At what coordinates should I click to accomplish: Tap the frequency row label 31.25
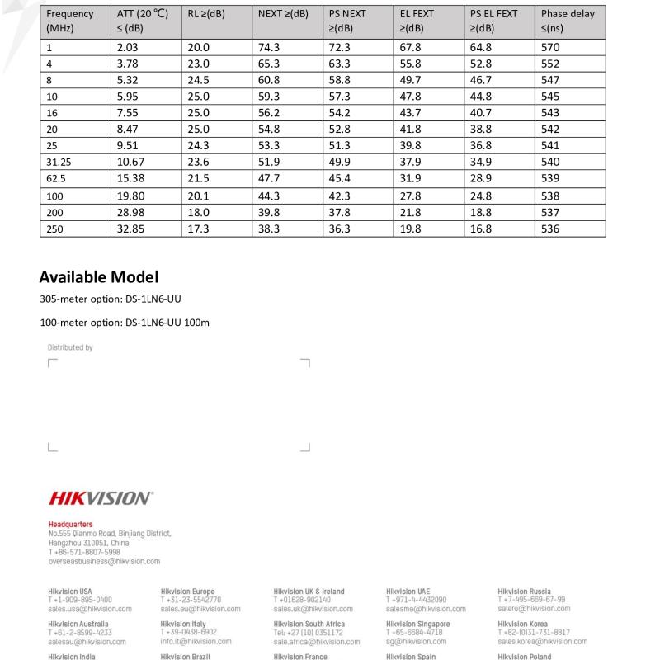pyautogui.click(x=60, y=163)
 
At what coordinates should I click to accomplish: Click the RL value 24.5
pyautogui.click(x=199, y=81)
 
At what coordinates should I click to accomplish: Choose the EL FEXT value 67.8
pyautogui.click(x=410, y=48)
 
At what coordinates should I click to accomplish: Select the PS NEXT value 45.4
pyautogui.click(x=339, y=179)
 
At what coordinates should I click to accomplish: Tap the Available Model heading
pyautogui.click(x=99, y=277)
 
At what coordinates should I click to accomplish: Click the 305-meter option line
pyautogui.click(x=111, y=299)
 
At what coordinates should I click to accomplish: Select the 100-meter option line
pyautogui.click(x=124, y=323)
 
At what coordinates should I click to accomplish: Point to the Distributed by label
pyautogui.click(x=70, y=348)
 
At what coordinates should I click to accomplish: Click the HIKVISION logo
pyautogui.click(x=101, y=498)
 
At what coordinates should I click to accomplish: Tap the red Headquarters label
pyautogui.click(x=70, y=525)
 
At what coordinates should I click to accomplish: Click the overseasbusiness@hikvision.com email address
pyautogui.click(x=104, y=562)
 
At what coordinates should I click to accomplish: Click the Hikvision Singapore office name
pyautogui.click(x=418, y=625)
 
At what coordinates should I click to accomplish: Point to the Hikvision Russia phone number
pyautogui.click(x=532, y=600)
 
